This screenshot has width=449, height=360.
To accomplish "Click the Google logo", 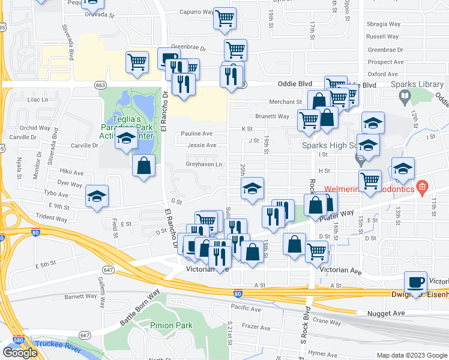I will (x=20, y=352).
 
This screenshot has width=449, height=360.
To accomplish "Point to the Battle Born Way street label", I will (x=139, y=307).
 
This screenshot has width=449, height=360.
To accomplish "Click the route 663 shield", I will (x=101, y=85).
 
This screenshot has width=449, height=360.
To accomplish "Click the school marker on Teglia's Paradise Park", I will (x=126, y=140).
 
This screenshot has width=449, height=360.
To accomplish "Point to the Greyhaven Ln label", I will (x=203, y=164).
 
